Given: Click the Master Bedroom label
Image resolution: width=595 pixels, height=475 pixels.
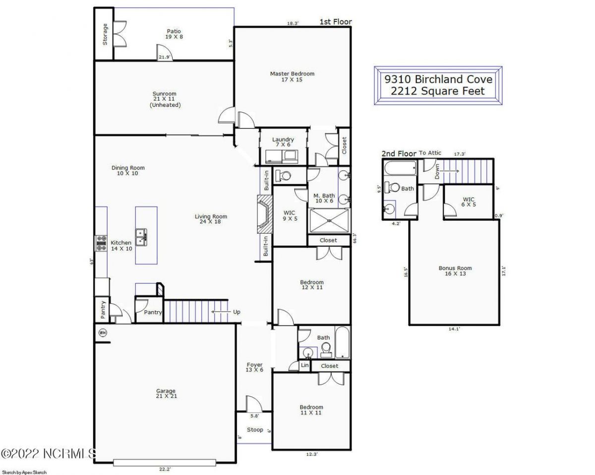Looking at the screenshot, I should tap(292, 76).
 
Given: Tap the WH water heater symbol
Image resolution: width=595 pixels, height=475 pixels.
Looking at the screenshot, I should tap(103, 333).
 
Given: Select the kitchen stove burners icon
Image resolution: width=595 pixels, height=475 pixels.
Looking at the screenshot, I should tap(101, 243).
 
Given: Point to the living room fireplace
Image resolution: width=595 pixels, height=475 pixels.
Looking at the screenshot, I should tap(265, 214).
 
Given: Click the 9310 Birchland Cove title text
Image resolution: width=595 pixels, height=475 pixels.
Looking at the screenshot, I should tap(439, 79).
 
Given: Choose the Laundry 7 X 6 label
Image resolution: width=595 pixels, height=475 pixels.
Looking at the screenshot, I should tap(283, 142).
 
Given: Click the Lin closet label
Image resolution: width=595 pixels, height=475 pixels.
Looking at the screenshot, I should tap(304, 366).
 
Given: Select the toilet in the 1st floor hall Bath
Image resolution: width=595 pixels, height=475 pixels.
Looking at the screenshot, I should tap(326, 351).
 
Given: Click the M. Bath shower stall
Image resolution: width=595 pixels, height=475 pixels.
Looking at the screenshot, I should tap(329, 221).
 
